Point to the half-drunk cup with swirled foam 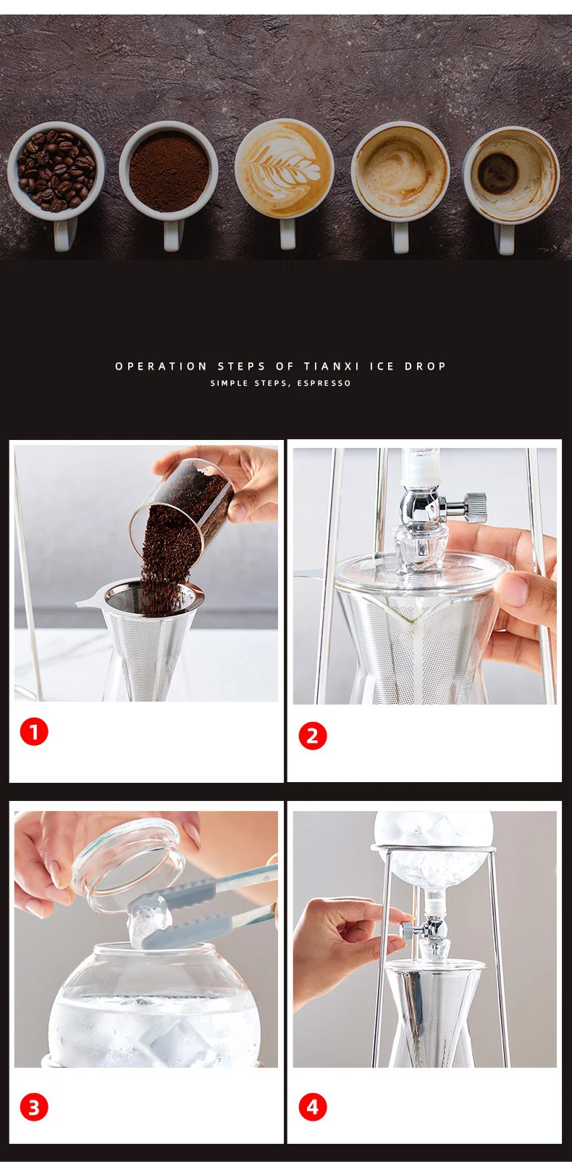(x=400, y=176)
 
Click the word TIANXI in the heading (x=332, y=366)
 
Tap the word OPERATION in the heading (x=161, y=366)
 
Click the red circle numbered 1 (x=34, y=732)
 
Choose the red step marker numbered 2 (x=313, y=736)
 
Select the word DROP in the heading (x=425, y=366)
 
